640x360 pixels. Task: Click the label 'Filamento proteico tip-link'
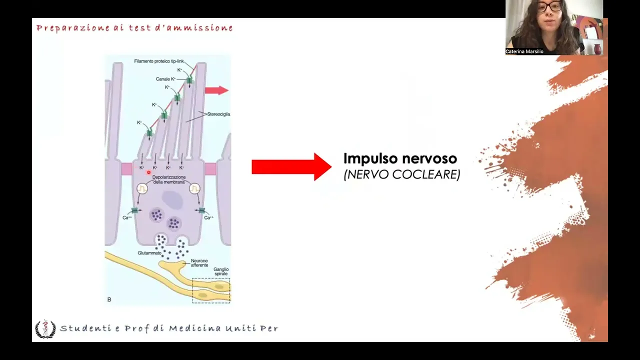pyautogui.click(x=159, y=61)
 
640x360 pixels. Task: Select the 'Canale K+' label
pyautogui.click(x=165, y=79)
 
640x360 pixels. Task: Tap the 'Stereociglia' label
pyautogui.click(x=218, y=114)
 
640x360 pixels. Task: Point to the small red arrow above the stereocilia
pyautogui.click(x=216, y=90)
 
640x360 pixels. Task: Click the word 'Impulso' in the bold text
pyautogui.click(x=368, y=159)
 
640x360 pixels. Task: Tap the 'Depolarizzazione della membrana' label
pyautogui.click(x=169, y=179)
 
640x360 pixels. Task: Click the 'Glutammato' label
pyautogui.click(x=149, y=253)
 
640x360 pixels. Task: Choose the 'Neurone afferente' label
pyautogui.click(x=199, y=263)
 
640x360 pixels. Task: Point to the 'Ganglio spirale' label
pyautogui.click(x=220, y=271)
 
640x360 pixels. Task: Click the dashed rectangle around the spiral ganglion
pyautogui.click(x=211, y=290)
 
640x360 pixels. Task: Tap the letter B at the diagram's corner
pyautogui.click(x=109, y=299)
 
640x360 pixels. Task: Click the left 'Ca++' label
pyautogui.click(x=127, y=217)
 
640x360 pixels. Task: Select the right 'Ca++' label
pyautogui.click(x=209, y=217)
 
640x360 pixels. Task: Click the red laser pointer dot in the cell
pyautogui.click(x=148, y=172)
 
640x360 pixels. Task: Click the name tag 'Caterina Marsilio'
pyautogui.click(x=524, y=51)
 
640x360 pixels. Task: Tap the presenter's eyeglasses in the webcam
pyautogui.click(x=549, y=7)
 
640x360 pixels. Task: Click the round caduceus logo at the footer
pyautogui.click(x=45, y=328)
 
